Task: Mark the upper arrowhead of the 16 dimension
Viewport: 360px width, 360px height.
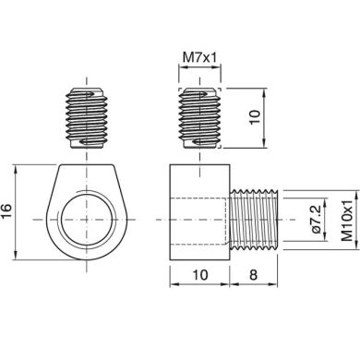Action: click(x=20, y=167)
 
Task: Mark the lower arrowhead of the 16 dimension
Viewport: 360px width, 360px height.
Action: click(x=20, y=269)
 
